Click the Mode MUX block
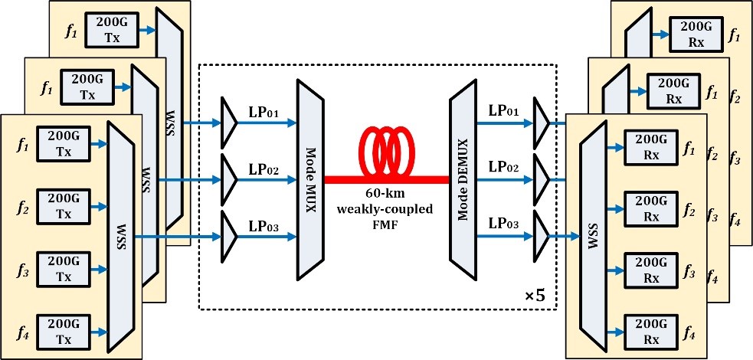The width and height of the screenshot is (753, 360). coord(310,179)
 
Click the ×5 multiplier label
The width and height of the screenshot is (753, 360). coord(535,293)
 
